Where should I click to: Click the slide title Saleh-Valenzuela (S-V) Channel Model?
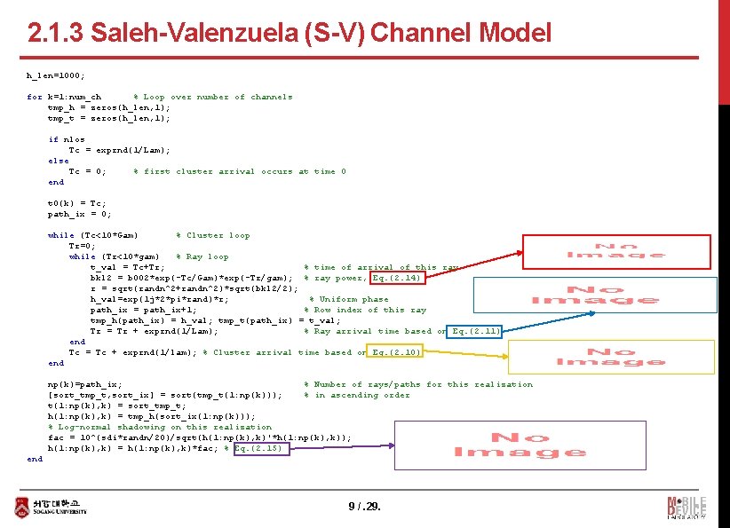point(290,34)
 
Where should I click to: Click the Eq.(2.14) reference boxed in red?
point(396,278)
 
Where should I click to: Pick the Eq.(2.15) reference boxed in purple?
point(258,448)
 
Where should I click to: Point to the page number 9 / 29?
point(364,508)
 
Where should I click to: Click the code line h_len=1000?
point(56,75)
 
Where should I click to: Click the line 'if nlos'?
point(67,139)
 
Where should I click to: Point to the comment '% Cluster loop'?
point(213,235)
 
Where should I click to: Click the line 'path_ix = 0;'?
point(79,214)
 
